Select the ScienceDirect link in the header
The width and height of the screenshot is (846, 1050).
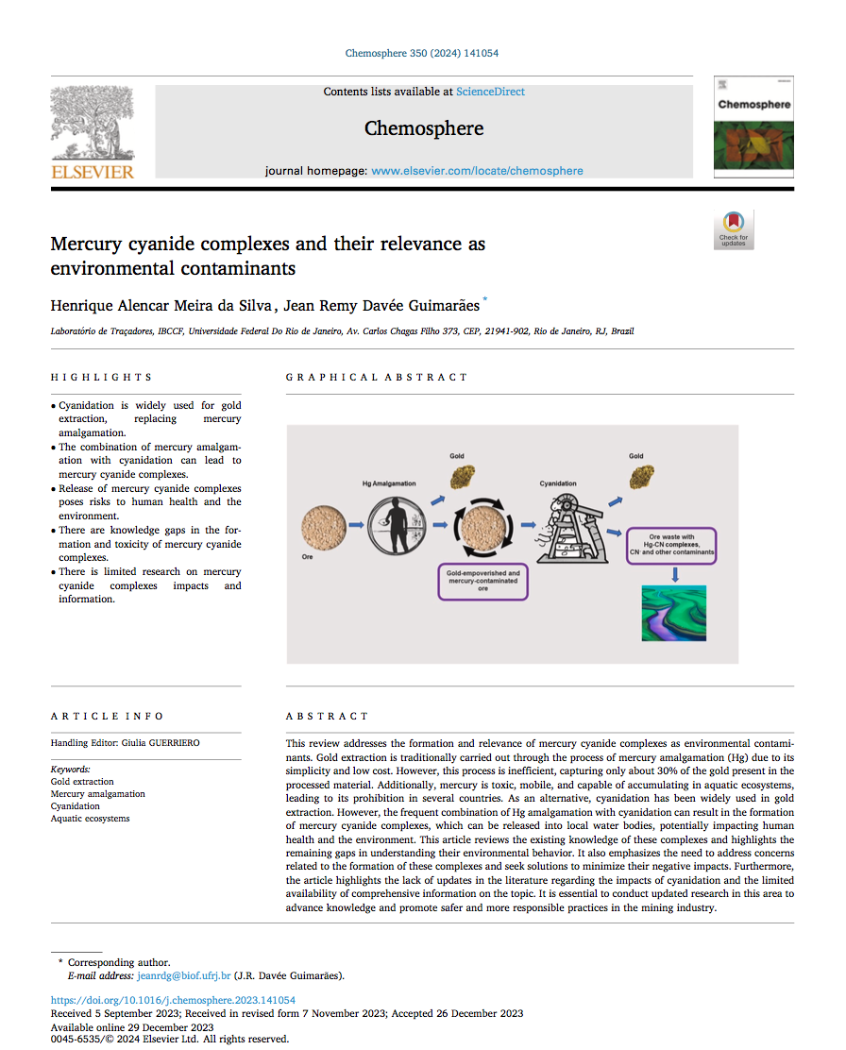click(x=490, y=92)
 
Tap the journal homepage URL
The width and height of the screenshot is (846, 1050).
click(x=477, y=171)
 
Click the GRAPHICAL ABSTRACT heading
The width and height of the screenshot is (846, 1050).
click(x=377, y=377)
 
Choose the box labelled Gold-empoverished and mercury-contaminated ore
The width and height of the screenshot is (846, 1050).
click(x=482, y=581)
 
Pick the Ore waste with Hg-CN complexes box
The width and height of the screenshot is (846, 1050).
click(x=671, y=546)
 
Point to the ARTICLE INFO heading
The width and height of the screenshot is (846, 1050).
click(x=107, y=716)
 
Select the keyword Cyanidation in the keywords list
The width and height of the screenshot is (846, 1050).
click(x=76, y=806)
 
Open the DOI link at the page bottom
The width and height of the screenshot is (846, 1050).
click(x=173, y=1000)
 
